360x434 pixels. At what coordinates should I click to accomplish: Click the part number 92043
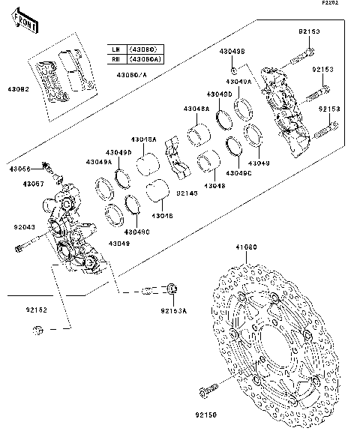pos(24,226)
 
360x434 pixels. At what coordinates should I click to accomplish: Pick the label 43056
pos(20,169)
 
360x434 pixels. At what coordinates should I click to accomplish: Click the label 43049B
pos(231,51)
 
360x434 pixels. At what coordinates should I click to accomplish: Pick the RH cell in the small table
pos(115,58)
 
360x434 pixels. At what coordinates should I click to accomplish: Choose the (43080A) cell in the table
pos(145,58)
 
